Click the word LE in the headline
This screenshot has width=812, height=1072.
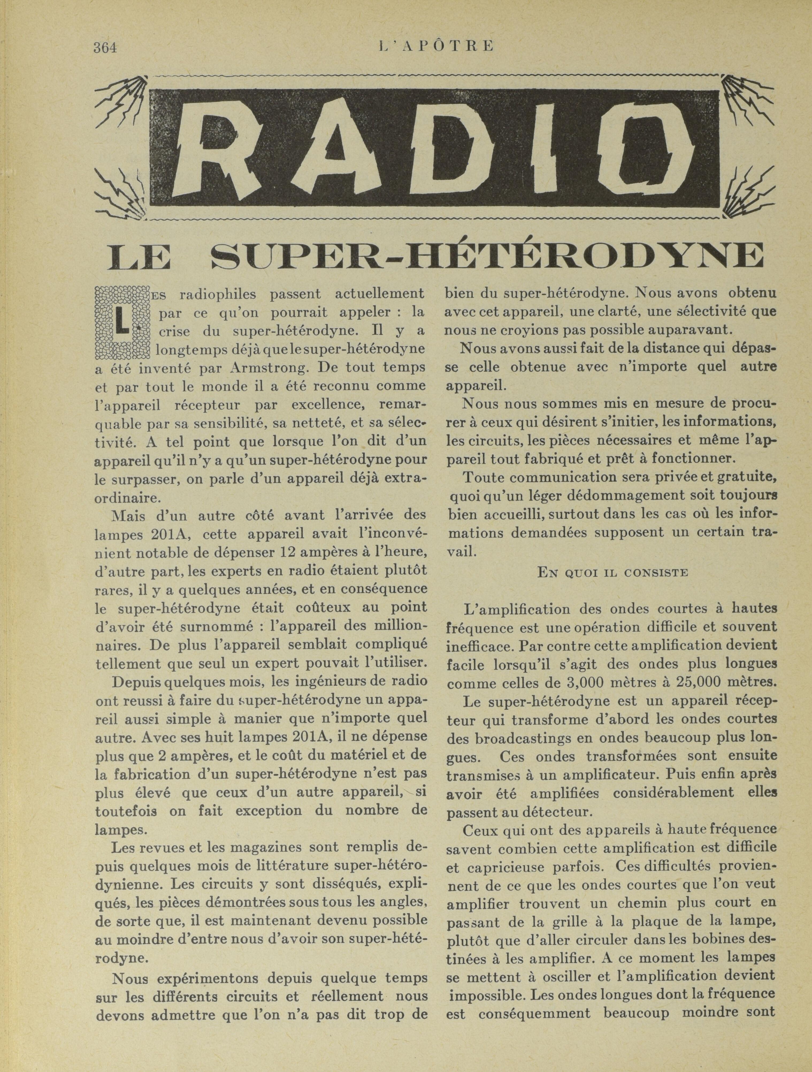(139, 257)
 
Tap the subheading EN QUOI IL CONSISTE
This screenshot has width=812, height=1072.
(612, 572)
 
